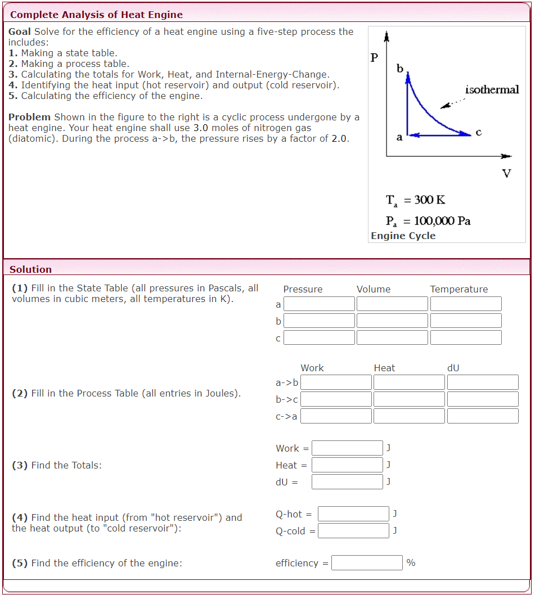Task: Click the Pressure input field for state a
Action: pyautogui.click(x=319, y=304)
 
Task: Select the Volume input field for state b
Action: pyautogui.click(x=392, y=321)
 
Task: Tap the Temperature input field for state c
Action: pyautogui.click(x=466, y=337)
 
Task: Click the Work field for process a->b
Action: pyautogui.click(x=336, y=382)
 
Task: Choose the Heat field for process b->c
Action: pyautogui.click(x=409, y=399)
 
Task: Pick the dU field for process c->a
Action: pyautogui.click(x=483, y=416)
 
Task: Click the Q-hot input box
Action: pyautogui.click(x=353, y=514)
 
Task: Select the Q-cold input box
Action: pyautogui.click(x=353, y=531)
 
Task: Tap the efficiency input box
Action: pyautogui.click(x=367, y=563)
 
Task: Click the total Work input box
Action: pyautogui.click(x=347, y=448)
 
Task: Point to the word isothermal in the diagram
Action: pyautogui.click(x=492, y=90)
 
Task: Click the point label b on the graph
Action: pyautogui.click(x=400, y=69)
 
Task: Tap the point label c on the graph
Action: pyautogui.click(x=478, y=133)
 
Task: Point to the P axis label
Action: pyautogui.click(x=375, y=57)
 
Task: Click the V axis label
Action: pyautogui.click(x=506, y=173)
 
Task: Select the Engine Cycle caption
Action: pyautogui.click(x=403, y=236)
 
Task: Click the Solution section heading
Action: pyautogui.click(x=30, y=269)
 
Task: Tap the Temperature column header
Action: pyautogui.click(x=459, y=289)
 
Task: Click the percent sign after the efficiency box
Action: pyautogui.click(x=411, y=563)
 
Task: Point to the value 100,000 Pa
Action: pyautogui.click(x=442, y=220)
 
